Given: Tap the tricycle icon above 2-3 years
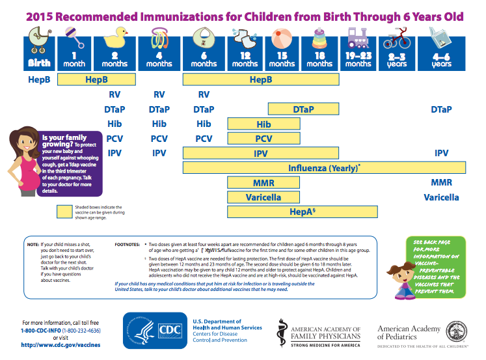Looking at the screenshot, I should point(396,40).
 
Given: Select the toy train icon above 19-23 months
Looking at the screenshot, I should point(358,38).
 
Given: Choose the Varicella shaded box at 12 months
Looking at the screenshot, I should point(263,197).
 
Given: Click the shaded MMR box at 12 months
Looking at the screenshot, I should point(263,182).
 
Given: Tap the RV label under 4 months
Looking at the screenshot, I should point(159,94).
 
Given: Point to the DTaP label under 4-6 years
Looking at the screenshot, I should point(441,109).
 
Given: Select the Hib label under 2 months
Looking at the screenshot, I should point(115,124).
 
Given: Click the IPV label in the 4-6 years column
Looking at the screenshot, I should point(441,153).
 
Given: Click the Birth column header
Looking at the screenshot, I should point(39,63).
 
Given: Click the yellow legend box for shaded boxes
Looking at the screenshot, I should point(64,211).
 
